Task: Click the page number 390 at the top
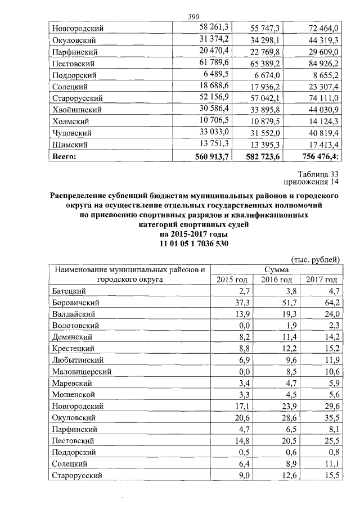(x=195, y=17)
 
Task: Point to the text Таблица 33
(x=318, y=174)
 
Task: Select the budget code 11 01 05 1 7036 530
(x=194, y=244)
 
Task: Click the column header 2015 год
(x=232, y=280)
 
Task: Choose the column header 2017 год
(x=321, y=280)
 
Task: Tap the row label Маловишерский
(x=82, y=372)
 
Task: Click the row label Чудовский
(x=71, y=134)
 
